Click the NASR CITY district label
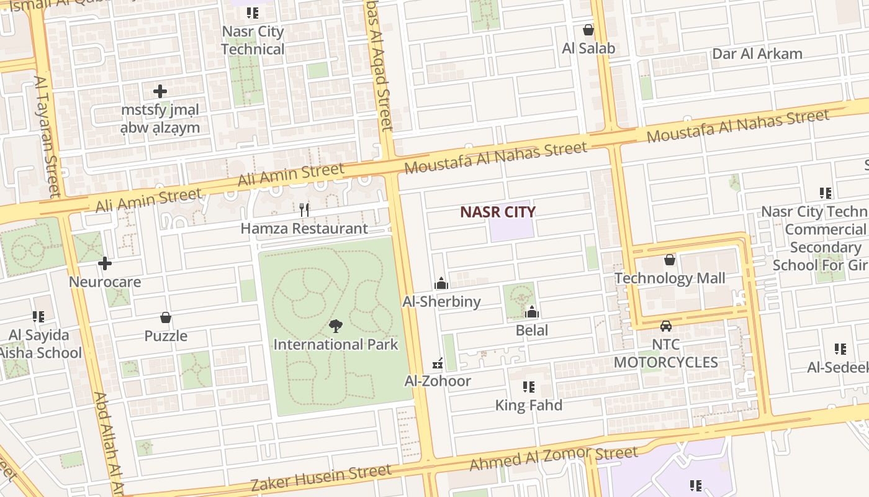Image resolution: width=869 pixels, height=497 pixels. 497,212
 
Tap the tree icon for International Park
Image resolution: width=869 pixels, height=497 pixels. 335,326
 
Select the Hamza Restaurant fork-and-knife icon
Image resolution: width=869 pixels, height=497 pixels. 304,210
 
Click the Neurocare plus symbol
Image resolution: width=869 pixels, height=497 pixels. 105,263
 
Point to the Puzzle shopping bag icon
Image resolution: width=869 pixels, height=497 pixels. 166,318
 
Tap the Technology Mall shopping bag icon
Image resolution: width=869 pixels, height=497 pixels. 669,260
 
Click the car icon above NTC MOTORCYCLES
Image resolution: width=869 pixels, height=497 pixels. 666,326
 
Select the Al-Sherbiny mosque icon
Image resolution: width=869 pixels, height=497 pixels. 441,284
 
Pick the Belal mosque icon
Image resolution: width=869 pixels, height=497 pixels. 532,312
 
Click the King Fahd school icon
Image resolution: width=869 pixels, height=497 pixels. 529,387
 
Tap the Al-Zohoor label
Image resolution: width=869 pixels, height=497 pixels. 438,381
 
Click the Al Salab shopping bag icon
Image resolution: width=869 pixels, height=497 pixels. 588,30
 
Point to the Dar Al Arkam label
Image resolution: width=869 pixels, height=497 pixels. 757,53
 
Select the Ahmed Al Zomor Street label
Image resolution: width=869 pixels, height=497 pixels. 553,458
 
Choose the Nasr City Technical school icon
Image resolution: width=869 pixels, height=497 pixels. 252,13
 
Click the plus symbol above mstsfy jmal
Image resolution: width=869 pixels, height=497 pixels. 160,91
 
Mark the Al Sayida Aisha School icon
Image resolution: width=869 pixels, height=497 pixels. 38,317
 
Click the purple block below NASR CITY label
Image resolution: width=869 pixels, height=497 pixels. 511,230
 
